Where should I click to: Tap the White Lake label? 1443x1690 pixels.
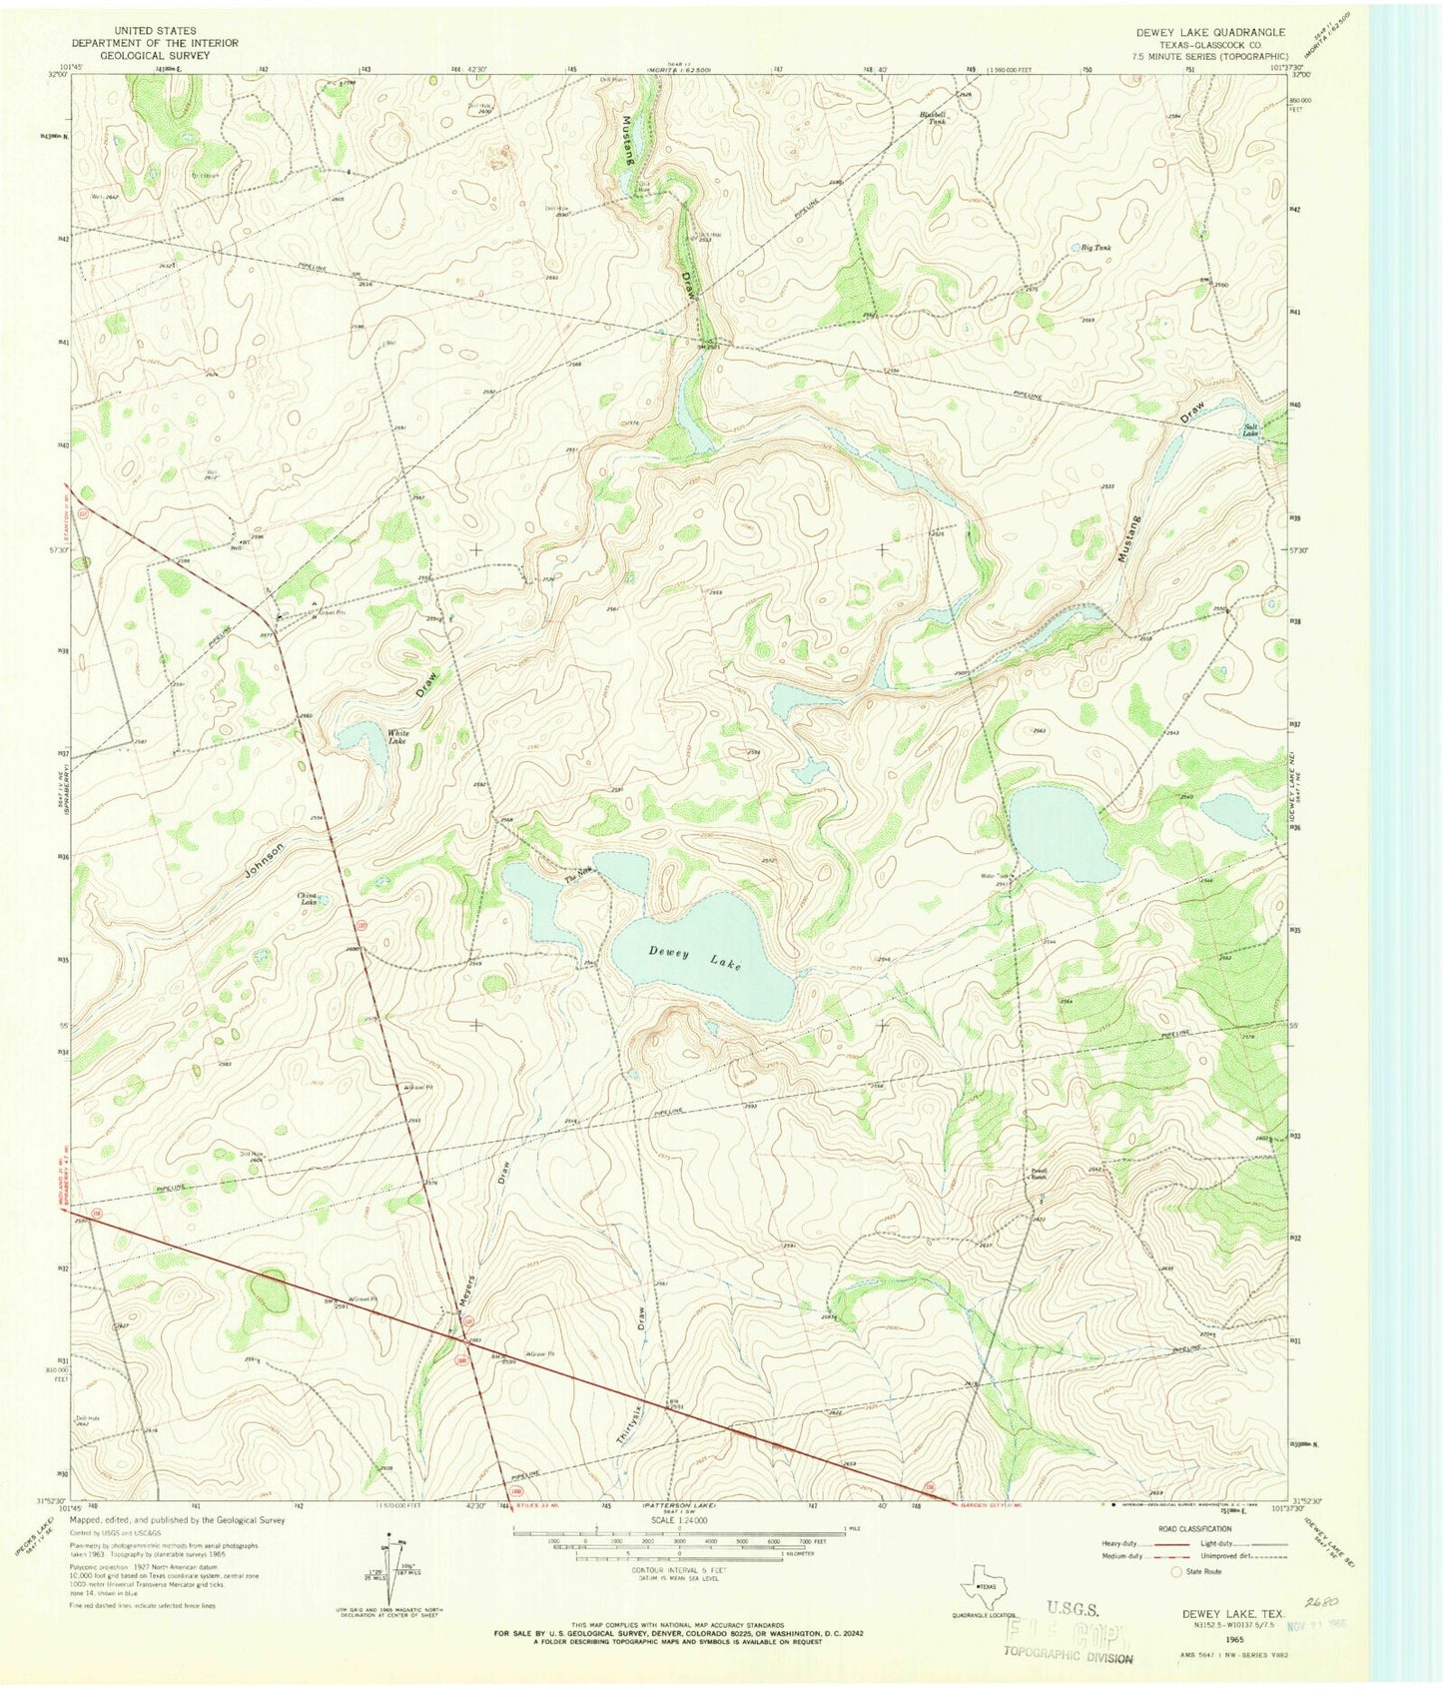pyautogui.click(x=397, y=738)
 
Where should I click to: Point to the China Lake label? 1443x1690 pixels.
pyautogui.click(x=307, y=899)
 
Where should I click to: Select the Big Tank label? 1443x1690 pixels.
pyautogui.click(x=1095, y=247)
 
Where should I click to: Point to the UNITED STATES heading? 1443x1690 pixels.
pyautogui.click(x=155, y=32)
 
